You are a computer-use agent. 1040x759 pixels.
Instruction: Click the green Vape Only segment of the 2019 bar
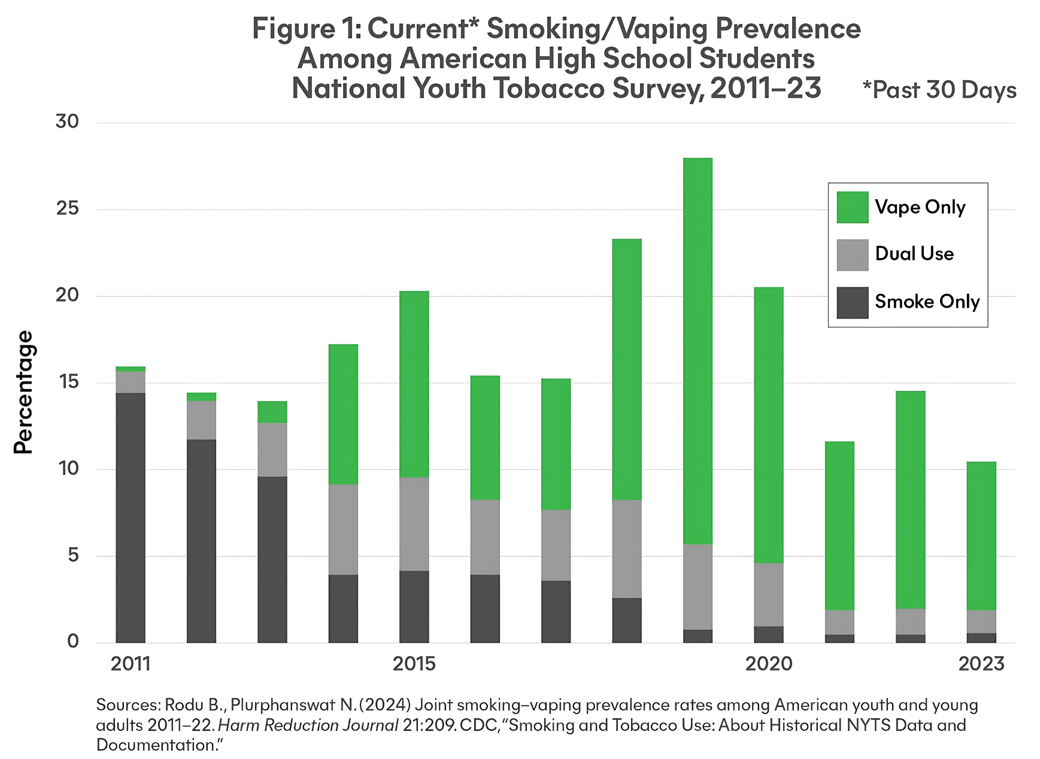tap(698, 351)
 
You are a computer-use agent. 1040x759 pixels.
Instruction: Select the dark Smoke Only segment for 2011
tap(131, 518)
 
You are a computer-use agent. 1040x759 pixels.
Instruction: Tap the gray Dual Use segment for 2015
tap(414, 524)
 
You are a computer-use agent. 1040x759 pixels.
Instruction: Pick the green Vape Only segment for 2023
tap(981, 536)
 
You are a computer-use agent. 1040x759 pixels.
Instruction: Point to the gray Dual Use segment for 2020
tap(769, 594)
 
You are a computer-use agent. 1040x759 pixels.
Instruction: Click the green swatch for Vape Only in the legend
tap(852, 207)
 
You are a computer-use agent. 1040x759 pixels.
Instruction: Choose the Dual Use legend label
tap(914, 254)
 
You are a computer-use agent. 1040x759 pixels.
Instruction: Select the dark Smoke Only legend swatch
tap(852, 302)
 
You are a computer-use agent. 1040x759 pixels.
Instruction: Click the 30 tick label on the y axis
tap(67, 122)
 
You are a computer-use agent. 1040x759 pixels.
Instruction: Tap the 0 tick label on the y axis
tap(73, 642)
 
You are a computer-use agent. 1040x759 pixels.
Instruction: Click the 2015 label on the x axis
tap(414, 664)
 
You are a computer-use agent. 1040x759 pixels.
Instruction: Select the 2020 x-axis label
tap(769, 664)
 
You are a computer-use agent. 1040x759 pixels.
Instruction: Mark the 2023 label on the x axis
tap(981, 664)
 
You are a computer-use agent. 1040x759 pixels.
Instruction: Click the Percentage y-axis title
tap(24, 392)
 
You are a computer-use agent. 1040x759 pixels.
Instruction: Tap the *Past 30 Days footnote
tap(939, 90)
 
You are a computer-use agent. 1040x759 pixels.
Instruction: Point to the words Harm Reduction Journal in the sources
tap(308, 725)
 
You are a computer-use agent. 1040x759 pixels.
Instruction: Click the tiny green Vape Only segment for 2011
tap(131, 369)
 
